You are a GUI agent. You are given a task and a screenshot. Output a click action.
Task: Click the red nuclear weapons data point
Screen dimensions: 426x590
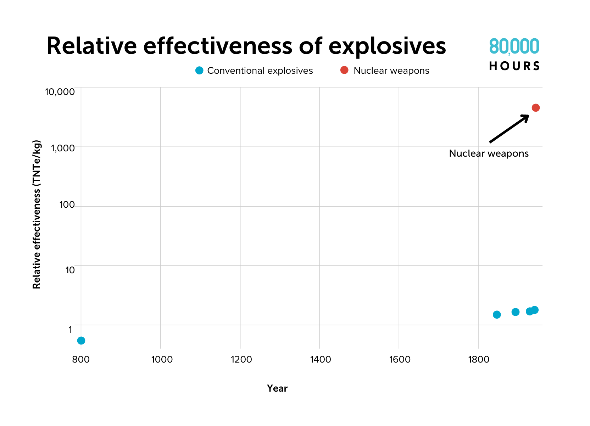click(535, 108)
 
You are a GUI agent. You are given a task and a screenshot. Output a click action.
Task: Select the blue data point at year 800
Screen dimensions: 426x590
click(81, 341)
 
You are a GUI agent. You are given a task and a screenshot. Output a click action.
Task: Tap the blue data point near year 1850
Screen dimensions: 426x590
click(497, 315)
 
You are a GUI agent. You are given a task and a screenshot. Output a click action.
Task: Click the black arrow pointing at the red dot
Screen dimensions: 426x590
click(509, 129)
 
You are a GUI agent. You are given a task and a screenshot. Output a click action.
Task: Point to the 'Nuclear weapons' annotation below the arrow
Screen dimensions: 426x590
click(489, 153)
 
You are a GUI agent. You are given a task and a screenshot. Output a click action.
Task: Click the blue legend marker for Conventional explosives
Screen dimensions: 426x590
click(199, 71)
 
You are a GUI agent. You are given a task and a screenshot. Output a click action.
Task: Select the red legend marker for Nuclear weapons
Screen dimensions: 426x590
click(344, 70)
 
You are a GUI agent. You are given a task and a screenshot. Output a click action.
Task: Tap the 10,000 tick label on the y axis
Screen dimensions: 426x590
click(60, 92)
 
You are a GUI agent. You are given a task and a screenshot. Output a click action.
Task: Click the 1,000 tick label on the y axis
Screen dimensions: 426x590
click(63, 148)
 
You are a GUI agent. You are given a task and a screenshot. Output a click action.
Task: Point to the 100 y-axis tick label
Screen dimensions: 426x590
click(67, 205)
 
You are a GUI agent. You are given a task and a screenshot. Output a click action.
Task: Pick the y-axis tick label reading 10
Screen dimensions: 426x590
click(70, 270)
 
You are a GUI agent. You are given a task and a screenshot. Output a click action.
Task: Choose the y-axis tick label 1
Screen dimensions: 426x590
click(70, 330)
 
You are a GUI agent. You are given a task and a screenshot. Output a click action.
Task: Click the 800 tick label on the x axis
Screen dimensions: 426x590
click(81, 359)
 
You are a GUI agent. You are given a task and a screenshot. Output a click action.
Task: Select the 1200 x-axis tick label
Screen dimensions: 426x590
click(241, 359)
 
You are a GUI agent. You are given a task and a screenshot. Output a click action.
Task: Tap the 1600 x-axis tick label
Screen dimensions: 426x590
click(400, 359)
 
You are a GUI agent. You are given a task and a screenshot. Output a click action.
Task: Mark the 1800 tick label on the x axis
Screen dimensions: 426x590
click(479, 359)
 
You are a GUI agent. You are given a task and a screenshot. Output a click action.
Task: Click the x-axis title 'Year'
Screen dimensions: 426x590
click(277, 388)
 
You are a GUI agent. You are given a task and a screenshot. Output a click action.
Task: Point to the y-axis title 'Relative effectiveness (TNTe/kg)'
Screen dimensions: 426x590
click(37, 214)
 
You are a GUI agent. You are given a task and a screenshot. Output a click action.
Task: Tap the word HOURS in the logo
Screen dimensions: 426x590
click(514, 66)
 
